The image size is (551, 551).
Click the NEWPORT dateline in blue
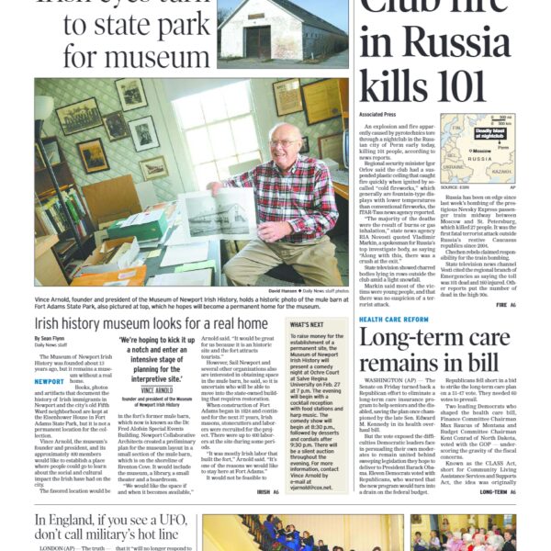click(x=51, y=380)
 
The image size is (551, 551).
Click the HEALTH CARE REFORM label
click(x=393, y=319)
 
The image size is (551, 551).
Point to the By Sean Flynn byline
click(x=52, y=338)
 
